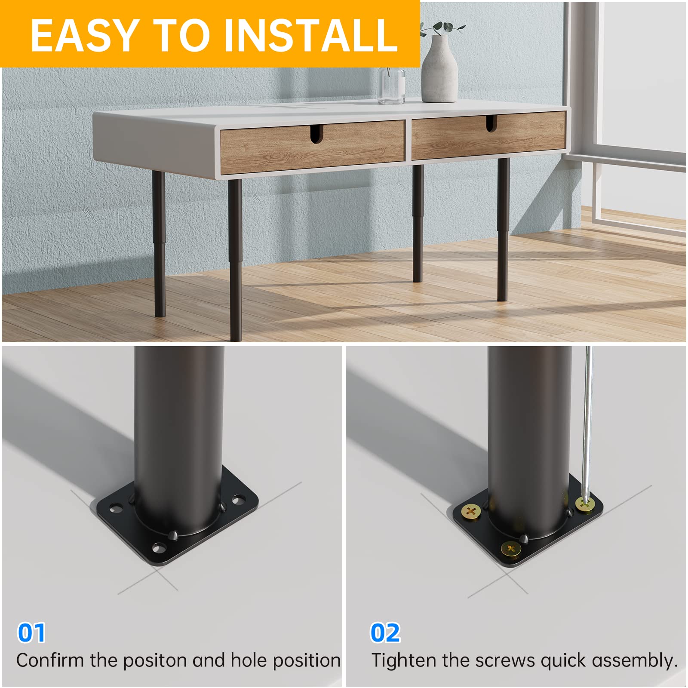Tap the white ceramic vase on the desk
click(x=439, y=71)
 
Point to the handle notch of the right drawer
click(x=491, y=123)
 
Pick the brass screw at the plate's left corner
click(x=470, y=512)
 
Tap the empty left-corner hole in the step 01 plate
click(x=115, y=509)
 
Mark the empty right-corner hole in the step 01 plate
click(x=237, y=500)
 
